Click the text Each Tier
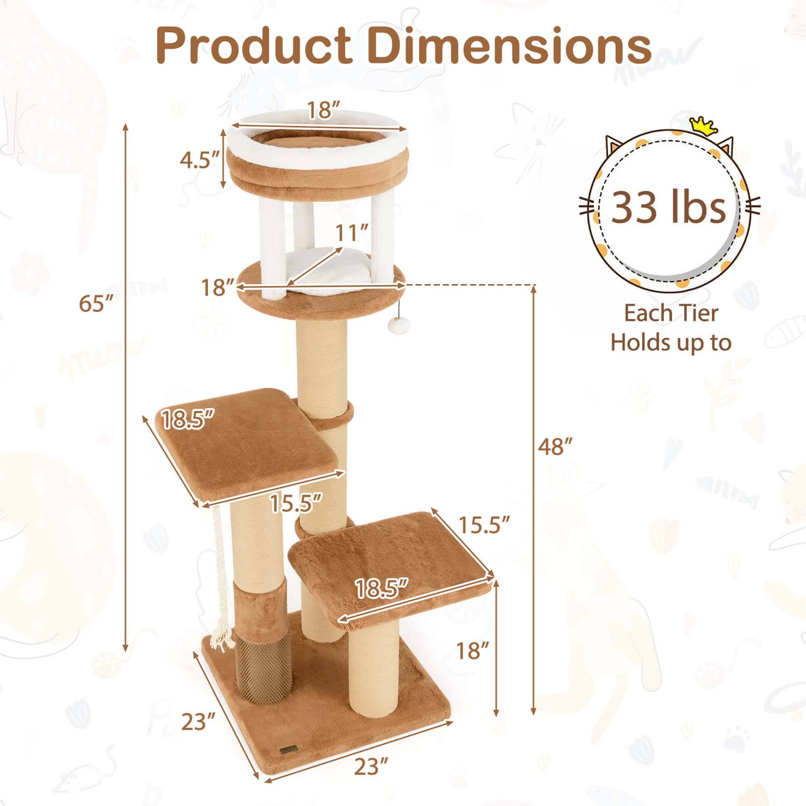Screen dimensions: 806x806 tap(671, 313)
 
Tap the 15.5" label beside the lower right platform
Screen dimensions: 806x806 tap(484, 525)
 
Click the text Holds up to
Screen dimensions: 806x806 tap(671, 343)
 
